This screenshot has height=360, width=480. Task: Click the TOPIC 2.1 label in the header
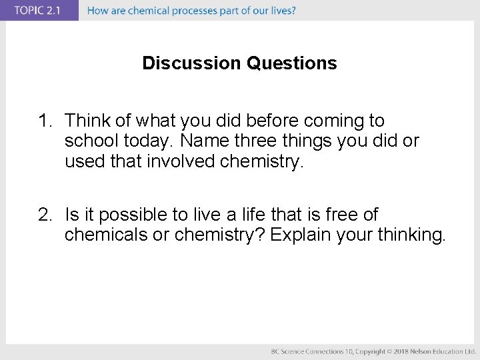pyautogui.click(x=39, y=11)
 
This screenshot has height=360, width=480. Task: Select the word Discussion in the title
pyautogui.click(x=192, y=63)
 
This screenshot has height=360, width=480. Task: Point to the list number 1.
pyautogui.click(x=44, y=121)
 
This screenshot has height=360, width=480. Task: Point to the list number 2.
pyautogui.click(x=44, y=215)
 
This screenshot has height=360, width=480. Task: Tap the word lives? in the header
pyautogui.click(x=282, y=11)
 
